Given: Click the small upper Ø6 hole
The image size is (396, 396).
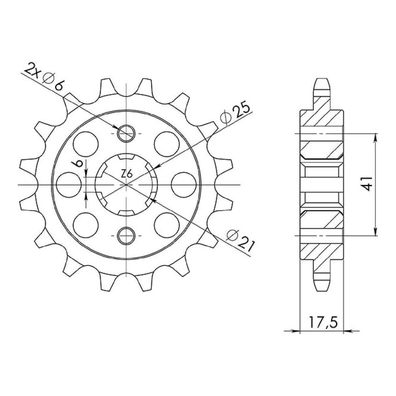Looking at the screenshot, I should point(126,133).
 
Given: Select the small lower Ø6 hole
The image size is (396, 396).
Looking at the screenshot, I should point(126,236).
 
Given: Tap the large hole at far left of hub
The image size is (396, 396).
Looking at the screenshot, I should point(69,185).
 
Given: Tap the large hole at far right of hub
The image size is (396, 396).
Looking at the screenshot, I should point(184,185).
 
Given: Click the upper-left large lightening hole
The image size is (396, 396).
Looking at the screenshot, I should point(86,144).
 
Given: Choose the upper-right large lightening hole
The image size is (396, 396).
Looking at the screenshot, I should point(167,144).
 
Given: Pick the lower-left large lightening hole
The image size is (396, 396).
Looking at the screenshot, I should point(86,225).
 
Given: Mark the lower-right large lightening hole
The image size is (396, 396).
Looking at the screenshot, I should point(167,225).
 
